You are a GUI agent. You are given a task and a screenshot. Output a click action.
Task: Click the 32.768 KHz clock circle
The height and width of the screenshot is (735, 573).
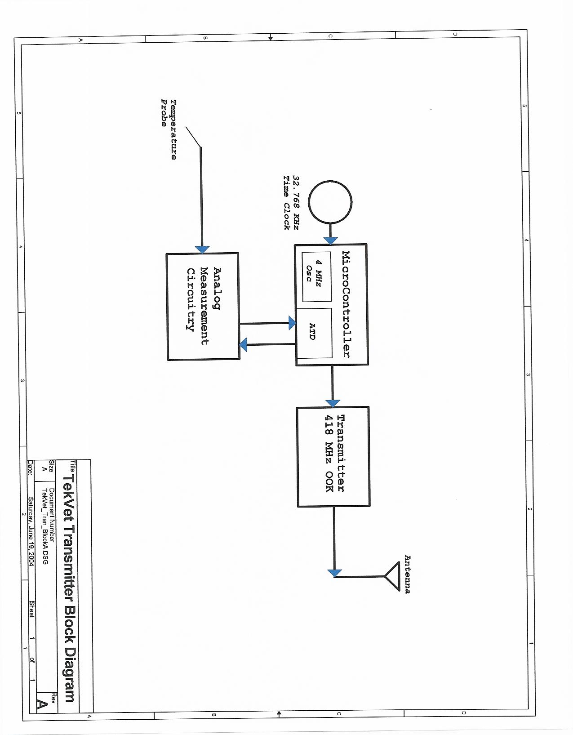pos(331,202)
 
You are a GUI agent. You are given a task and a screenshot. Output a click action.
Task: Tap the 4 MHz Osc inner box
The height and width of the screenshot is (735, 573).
pos(316,277)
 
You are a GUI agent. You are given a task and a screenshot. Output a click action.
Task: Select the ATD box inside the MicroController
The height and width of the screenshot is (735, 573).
pos(314,332)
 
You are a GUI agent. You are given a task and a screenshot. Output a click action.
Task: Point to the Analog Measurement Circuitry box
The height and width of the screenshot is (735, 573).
pos(203,306)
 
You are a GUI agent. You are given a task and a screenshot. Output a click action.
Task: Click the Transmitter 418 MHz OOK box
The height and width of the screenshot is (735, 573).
pos(333,456)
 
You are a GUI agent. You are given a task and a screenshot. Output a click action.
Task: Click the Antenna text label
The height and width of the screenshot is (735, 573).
pos(407,574)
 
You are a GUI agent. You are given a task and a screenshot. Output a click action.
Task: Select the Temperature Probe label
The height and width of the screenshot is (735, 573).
pos(169,129)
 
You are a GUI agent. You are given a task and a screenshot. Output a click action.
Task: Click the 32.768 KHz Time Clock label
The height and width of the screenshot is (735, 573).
pos(291,202)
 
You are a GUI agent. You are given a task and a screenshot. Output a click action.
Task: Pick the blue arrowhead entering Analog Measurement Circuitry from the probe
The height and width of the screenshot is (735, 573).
pos(203,249)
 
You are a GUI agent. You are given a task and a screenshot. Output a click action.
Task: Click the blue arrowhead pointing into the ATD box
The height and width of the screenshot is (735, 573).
pos(292,323)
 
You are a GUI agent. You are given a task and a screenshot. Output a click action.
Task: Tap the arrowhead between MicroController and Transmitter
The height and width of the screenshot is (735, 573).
pos(333,403)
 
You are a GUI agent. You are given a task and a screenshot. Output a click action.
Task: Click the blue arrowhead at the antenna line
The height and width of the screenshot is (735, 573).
pos(335,573)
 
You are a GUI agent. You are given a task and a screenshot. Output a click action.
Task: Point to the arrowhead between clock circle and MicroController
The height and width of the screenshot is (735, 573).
pos(331,241)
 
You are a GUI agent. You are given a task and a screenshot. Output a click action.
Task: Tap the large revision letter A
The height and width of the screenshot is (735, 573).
pos(42,704)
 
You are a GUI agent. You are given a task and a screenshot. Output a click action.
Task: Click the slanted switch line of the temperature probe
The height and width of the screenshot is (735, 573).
pos(193,137)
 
